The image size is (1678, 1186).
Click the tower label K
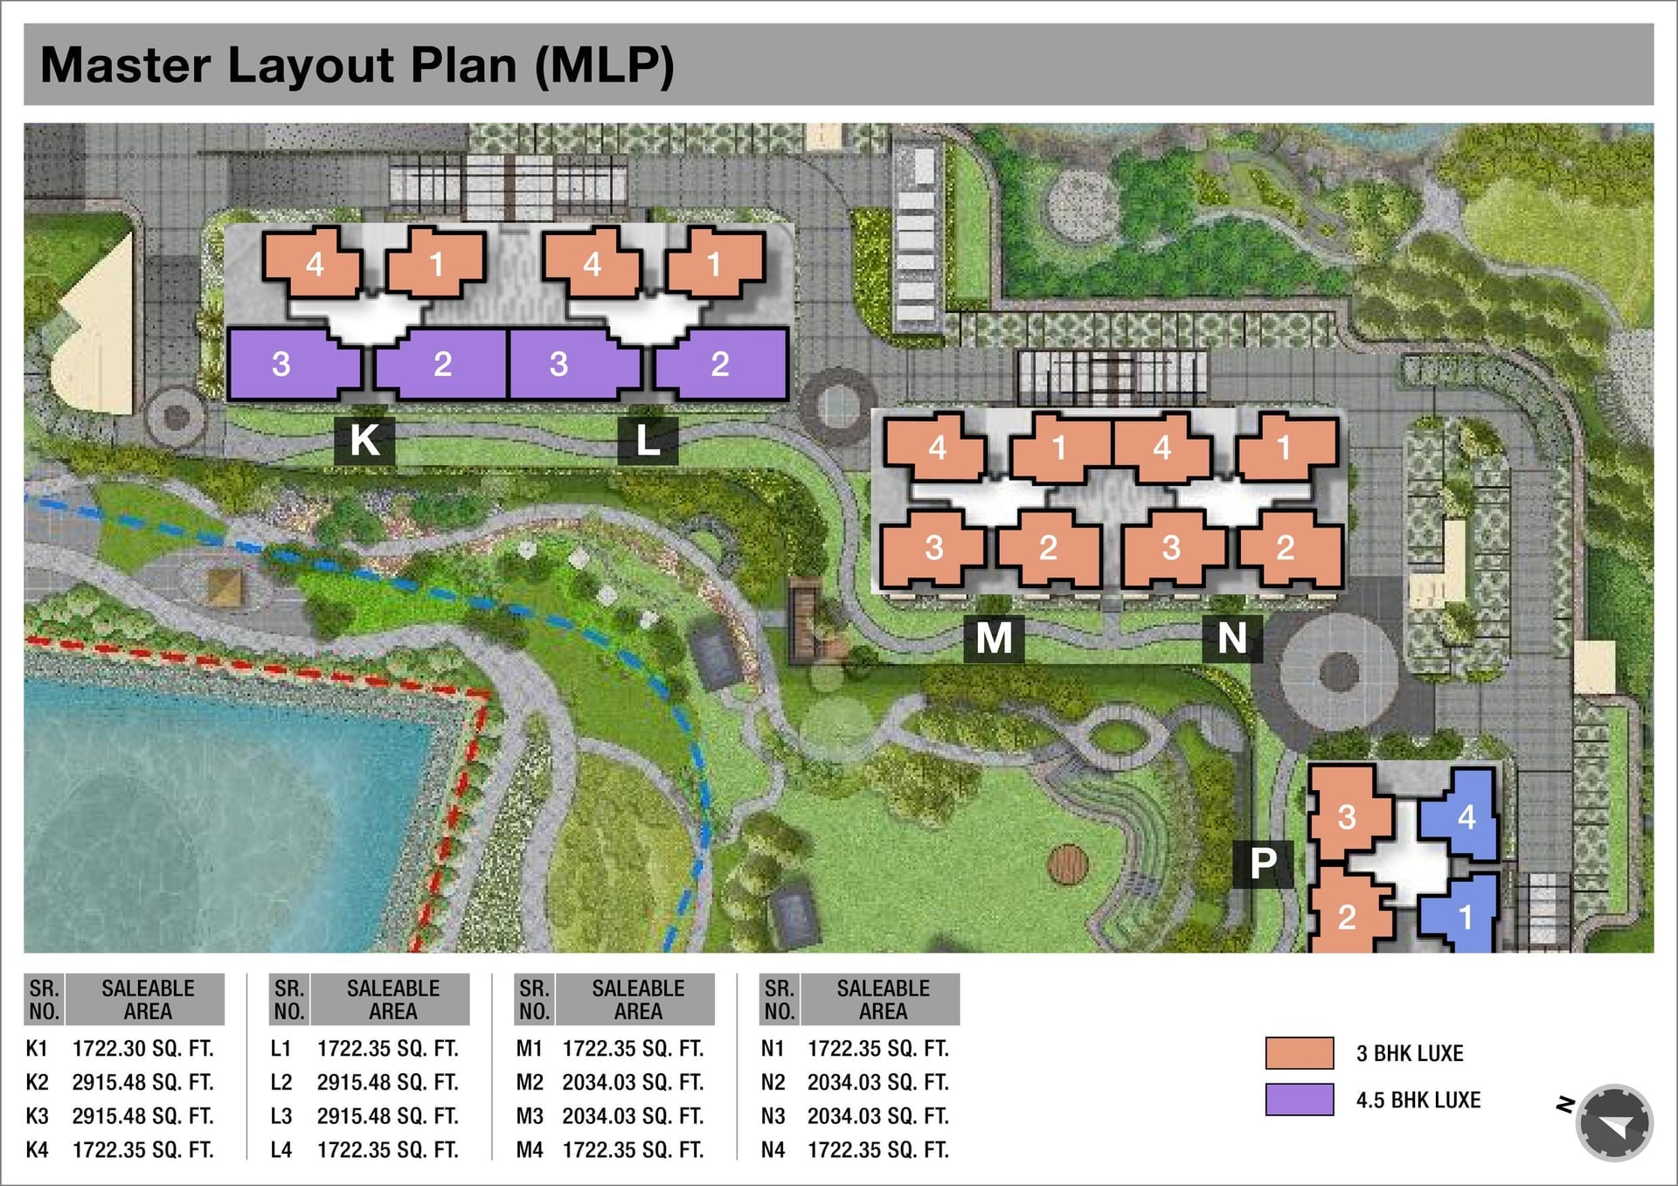(364, 440)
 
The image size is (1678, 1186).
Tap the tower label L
(648, 440)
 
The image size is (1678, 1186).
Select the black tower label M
(994, 638)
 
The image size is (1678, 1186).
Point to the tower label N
(1232, 638)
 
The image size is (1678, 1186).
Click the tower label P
(1263, 863)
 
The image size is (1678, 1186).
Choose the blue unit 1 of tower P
(1458, 914)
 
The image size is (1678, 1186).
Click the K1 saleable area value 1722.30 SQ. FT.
(142, 1048)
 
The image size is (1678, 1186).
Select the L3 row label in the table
(281, 1116)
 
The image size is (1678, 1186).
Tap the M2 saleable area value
(633, 1082)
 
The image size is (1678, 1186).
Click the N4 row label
(773, 1150)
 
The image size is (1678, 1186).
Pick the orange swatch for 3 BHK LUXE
(1300, 1053)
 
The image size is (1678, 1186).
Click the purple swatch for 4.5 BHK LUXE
(1300, 1099)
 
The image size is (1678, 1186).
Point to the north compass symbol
(1613, 1123)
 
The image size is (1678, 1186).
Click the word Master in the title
(126, 65)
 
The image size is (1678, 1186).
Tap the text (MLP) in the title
(605, 66)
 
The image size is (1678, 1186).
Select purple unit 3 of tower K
(294, 364)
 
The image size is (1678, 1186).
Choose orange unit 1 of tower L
(715, 262)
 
